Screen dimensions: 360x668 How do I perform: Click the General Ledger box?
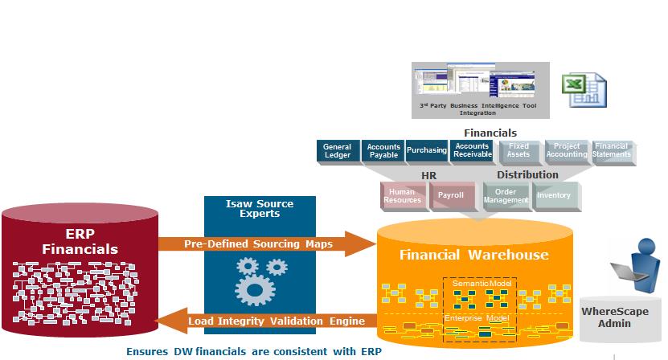click(x=338, y=151)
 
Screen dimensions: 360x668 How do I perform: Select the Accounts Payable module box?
click(x=383, y=151)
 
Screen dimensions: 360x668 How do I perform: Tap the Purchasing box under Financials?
click(x=427, y=150)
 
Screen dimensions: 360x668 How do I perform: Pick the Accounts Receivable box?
click(x=472, y=150)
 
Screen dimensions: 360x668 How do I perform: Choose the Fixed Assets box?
click(x=519, y=151)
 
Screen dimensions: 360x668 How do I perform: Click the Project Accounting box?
click(x=567, y=151)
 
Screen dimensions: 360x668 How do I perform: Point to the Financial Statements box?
click(x=613, y=151)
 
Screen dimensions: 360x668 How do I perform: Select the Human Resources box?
click(x=403, y=195)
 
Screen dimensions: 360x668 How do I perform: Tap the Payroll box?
click(x=451, y=195)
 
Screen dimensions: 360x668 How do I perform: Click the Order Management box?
click(x=506, y=195)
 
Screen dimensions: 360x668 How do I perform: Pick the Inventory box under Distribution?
click(x=554, y=195)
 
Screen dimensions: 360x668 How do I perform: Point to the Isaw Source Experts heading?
click(x=260, y=209)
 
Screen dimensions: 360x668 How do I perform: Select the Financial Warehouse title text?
click(x=474, y=255)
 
